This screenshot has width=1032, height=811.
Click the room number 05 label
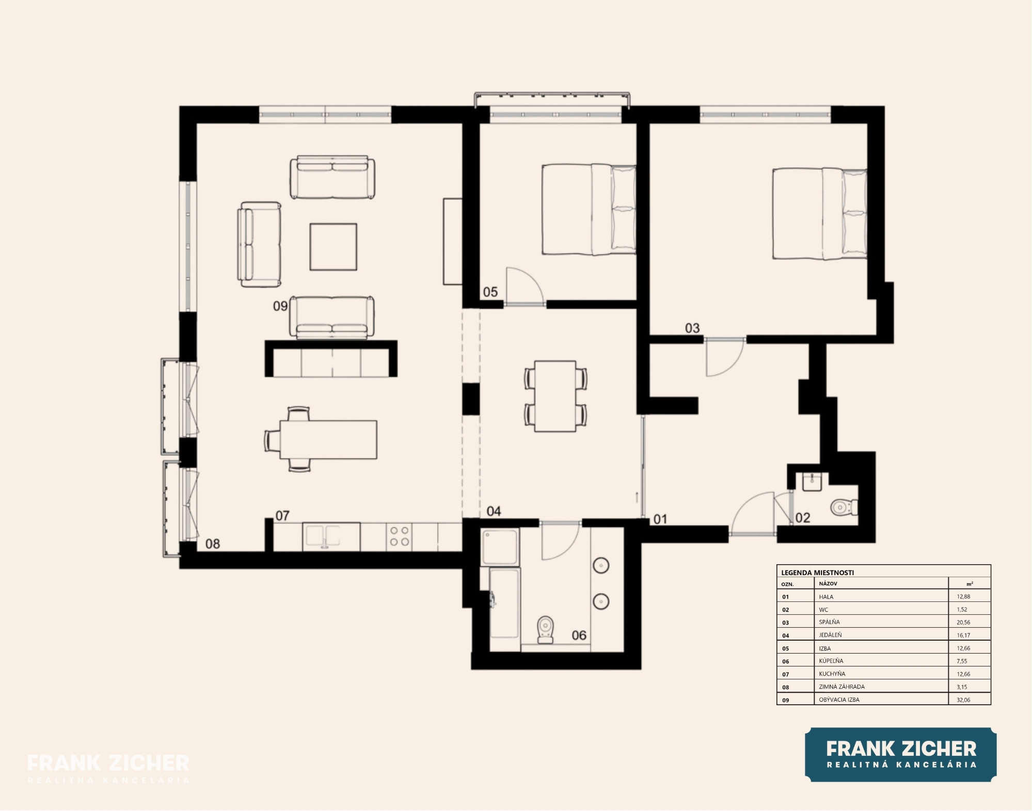(x=490, y=292)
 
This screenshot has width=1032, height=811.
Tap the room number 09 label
(x=280, y=306)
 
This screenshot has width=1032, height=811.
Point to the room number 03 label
(x=692, y=328)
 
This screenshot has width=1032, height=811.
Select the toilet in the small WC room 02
(x=844, y=507)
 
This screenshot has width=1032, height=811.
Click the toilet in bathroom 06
(x=545, y=629)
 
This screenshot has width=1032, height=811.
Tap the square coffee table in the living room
(x=333, y=247)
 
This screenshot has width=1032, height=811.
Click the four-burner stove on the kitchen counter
(x=399, y=536)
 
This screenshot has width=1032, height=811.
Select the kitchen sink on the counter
(x=323, y=537)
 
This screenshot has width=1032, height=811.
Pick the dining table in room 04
(x=555, y=396)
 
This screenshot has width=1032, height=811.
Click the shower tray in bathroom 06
(x=500, y=547)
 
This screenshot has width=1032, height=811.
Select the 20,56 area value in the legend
(x=963, y=623)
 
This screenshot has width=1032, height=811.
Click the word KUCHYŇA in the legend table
(x=832, y=674)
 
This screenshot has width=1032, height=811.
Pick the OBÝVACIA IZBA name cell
(x=839, y=699)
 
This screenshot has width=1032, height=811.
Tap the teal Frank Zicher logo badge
(x=901, y=754)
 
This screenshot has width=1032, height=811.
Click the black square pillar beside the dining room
(x=471, y=399)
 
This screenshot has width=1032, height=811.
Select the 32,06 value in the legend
(x=963, y=700)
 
